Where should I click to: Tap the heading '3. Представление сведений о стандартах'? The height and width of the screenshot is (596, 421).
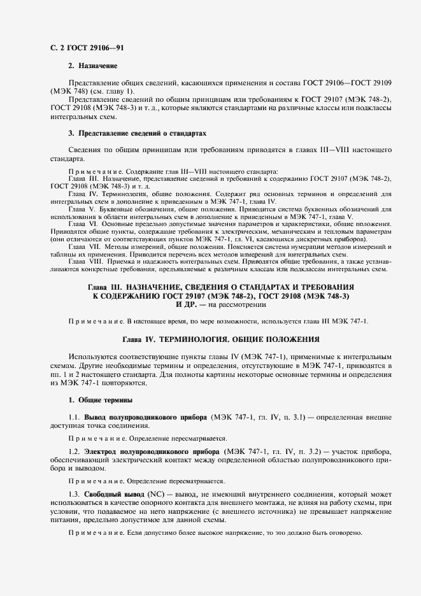[137, 134]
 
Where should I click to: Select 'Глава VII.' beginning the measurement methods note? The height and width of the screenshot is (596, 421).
[83, 246]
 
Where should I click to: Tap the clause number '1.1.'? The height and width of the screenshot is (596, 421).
[74, 417]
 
